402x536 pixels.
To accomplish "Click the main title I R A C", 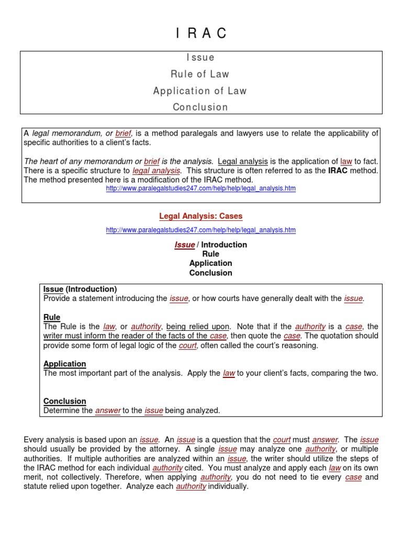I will click(201, 33).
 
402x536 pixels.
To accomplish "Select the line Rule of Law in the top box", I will click(201, 74).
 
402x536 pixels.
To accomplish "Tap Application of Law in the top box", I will click(200, 91).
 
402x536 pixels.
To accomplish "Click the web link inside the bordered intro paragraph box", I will click(200, 188).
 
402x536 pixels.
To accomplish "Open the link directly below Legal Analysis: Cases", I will click(200, 230).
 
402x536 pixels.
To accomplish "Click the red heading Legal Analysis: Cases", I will click(200, 216).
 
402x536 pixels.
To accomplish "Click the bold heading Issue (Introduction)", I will click(80, 289).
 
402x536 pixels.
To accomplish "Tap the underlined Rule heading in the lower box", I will click(52, 317).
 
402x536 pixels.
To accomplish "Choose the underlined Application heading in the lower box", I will click(64, 364).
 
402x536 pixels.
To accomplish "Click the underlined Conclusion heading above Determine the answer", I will click(64, 401).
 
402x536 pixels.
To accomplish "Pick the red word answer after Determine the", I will click(108, 411).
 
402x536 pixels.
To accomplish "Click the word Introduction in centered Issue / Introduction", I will click(224, 244).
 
